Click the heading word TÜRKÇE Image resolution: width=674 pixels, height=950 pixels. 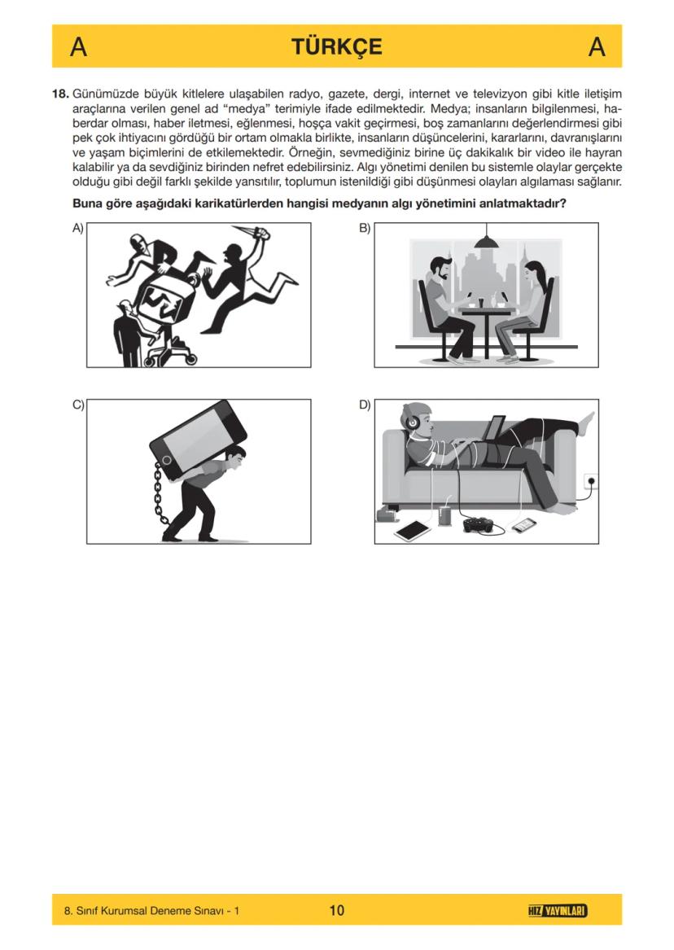pos(336,46)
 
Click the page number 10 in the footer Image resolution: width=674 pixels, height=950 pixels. pos(336,910)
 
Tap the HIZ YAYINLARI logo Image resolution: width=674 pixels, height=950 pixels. pos(558,910)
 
